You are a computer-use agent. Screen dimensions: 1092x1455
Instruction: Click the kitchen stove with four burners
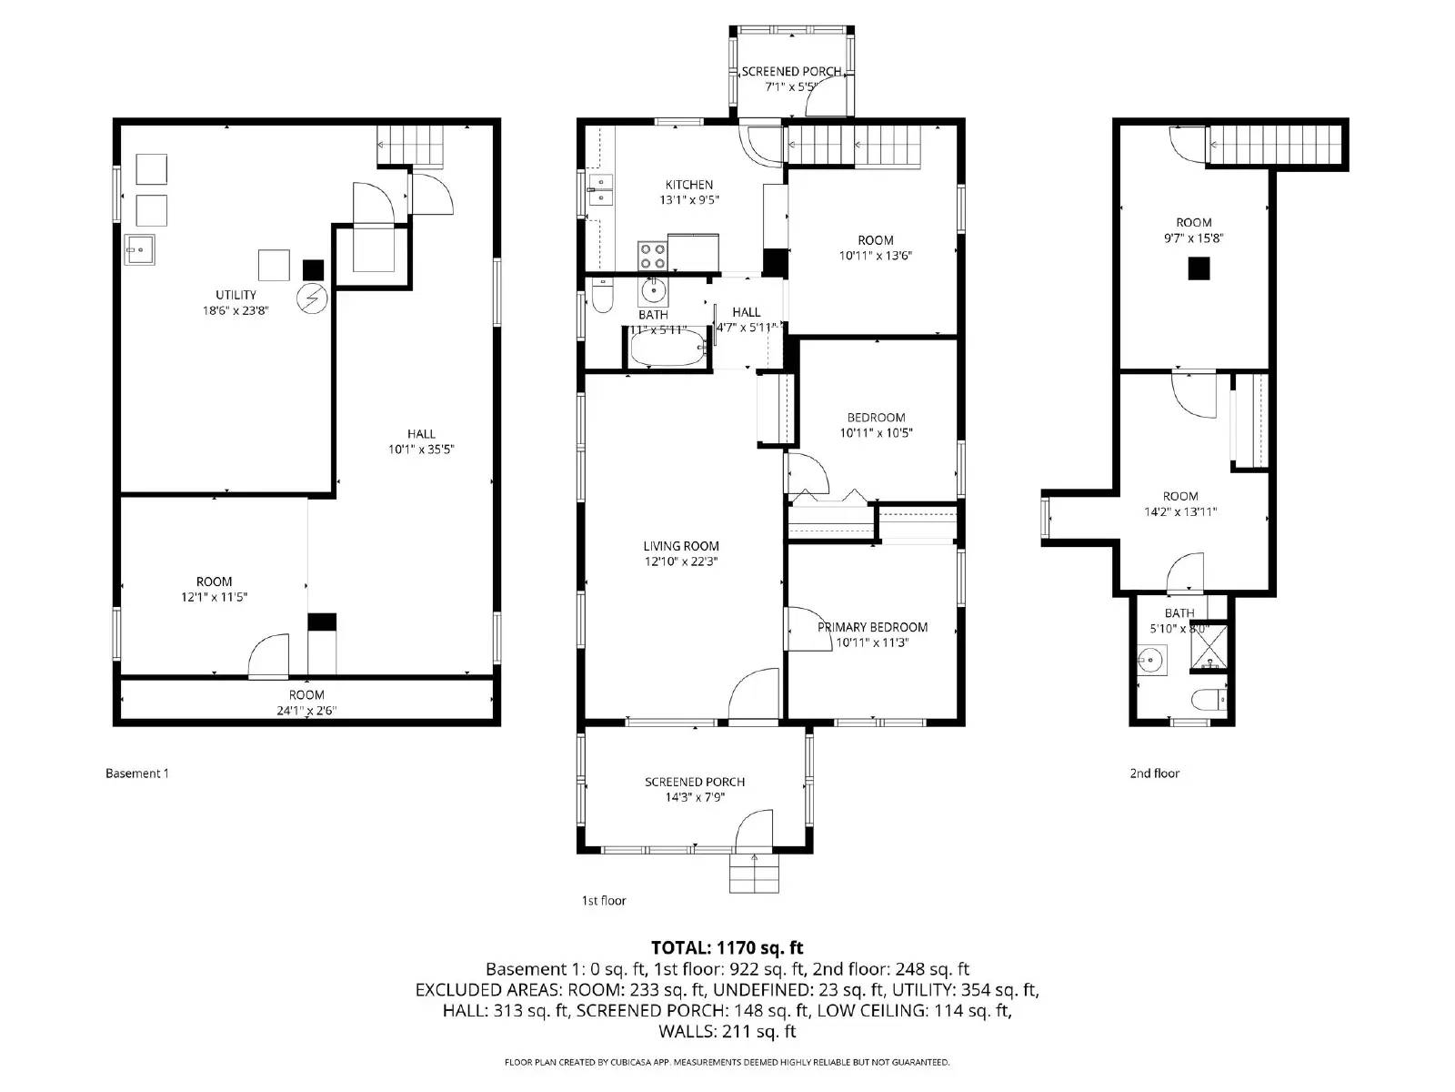pyautogui.click(x=652, y=256)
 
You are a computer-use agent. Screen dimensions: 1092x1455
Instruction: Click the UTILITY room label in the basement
pyautogui.click(x=236, y=295)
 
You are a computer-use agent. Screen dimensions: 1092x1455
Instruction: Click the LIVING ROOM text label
pyautogui.click(x=681, y=546)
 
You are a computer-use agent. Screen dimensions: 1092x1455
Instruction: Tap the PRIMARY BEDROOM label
pyautogui.click(x=872, y=627)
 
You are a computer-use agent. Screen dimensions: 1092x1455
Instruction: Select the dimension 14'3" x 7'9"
pyautogui.click(x=695, y=797)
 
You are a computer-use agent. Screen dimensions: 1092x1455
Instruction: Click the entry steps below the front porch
pyautogui.click(x=755, y=875)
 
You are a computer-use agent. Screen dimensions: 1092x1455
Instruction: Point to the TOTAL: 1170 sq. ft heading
pyautogui.click(x=727, y=948)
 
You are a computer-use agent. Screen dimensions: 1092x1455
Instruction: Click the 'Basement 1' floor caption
pyautogui.click(x=137, y=773)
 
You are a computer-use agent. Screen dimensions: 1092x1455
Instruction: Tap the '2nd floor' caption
pyautogui.click(x=1154, y=773)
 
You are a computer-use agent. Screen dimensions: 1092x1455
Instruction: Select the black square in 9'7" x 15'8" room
pyautogui.click(x=1199, y=268)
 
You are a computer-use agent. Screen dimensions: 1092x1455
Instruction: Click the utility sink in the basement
pyautogui.click(x=140, y=249)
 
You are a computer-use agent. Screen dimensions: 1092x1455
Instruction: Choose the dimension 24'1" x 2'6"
pyautogui.click(x=306, y=711)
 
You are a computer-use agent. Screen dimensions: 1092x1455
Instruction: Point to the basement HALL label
pyautogui.click(x=421, y=434)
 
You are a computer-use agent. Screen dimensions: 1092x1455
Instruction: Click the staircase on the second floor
pyautogui.click(x=1276, y=144)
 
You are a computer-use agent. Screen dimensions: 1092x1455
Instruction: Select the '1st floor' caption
pyautogui.click(x=604, y=901)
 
